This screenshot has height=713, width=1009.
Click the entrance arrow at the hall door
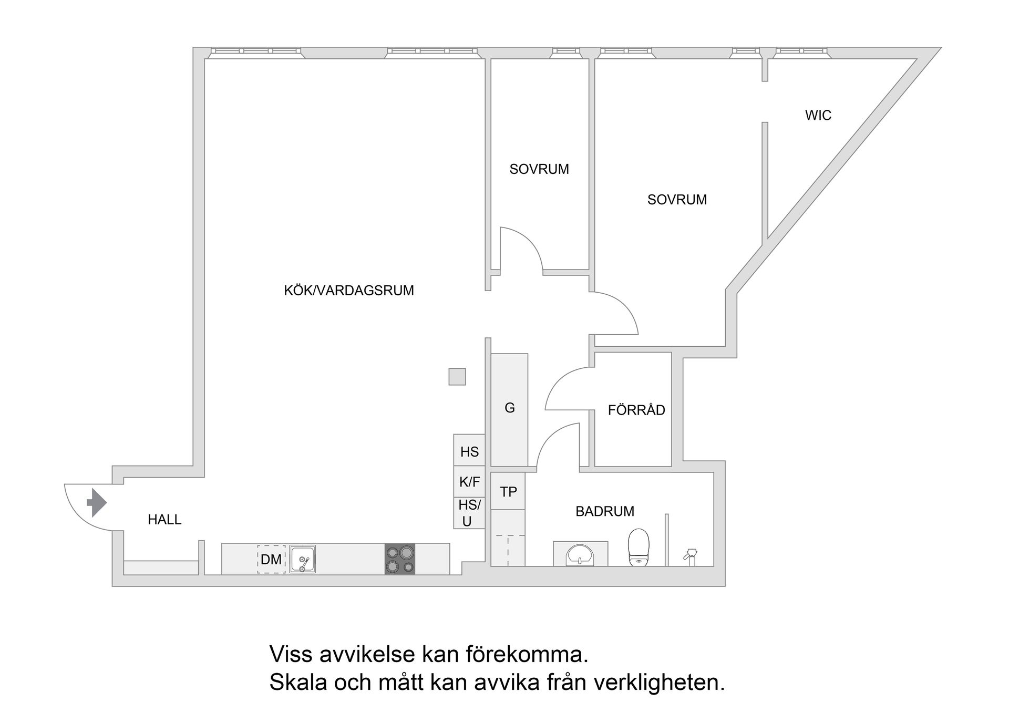(96, 503)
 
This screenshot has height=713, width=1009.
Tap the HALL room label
(164, 520)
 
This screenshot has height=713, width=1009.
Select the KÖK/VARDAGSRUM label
(349, 291)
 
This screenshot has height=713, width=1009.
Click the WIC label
(818, 116)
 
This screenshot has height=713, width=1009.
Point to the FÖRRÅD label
(636, 410)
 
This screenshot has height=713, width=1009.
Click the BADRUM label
(605, 511)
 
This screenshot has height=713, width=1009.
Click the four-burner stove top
(399, 559)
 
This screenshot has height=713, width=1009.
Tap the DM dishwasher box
(271, 560)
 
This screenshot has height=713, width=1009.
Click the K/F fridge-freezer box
(469, 482)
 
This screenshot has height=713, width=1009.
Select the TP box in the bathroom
(508, 492)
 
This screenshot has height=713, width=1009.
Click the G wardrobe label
(509, 408)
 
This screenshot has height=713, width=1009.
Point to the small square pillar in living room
(457, 377)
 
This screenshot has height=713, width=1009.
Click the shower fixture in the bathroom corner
(691, 556)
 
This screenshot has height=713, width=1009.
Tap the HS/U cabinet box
(469, 513)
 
